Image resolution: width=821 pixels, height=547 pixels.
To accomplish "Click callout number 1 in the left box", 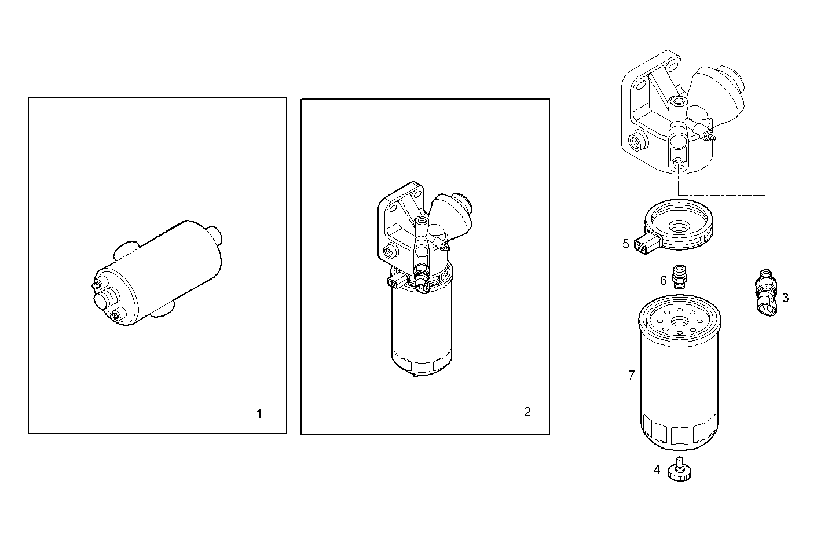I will coord(259,414).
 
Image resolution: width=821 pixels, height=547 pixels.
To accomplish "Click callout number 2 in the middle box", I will coord(527,412).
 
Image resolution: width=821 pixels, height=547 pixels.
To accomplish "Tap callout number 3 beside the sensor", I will coord(785,298).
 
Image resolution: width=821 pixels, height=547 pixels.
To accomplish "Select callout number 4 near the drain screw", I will coord(657,469).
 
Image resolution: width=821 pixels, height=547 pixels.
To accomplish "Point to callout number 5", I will coord(625,244).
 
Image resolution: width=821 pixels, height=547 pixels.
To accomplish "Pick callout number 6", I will coord(664,280).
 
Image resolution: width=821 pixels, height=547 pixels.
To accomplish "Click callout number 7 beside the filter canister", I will coord(631,375).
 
